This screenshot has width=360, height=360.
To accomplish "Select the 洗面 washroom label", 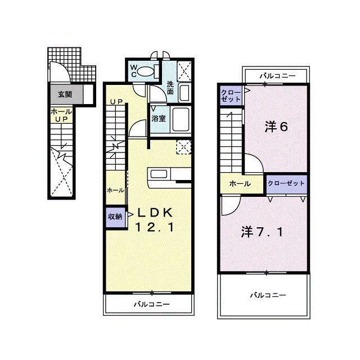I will coord(170,88).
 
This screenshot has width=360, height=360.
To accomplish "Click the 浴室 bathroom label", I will coord(158,119).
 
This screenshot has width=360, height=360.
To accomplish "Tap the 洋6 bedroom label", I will coord(276,127).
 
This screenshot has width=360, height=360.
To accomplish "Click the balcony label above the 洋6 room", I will coord(276,74).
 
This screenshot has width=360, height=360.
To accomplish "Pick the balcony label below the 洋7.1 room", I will coord(268,295).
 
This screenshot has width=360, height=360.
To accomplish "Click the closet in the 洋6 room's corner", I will coord(231,95).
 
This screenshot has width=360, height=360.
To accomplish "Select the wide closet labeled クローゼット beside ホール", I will coord(286,184).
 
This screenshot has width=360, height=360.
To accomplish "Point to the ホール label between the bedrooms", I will coord(240,184).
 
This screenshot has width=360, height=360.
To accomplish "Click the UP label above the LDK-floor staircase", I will coord(116,102).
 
